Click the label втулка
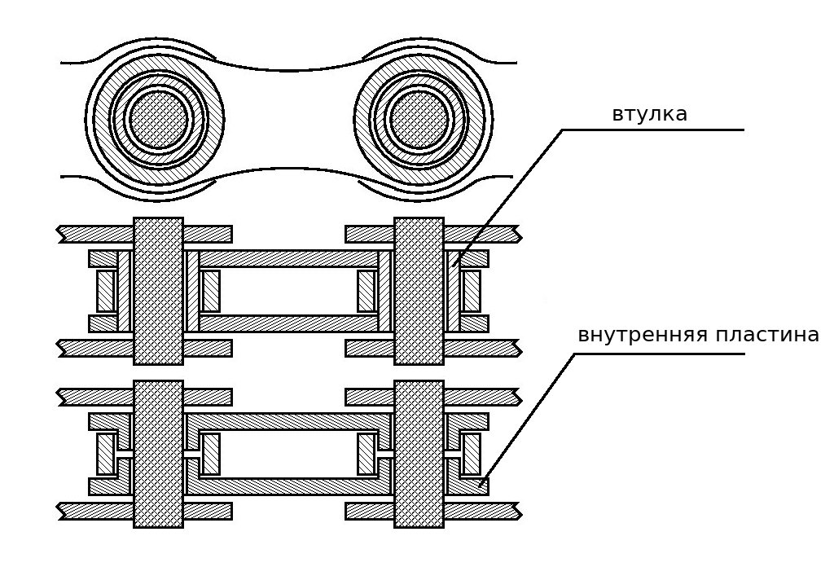coord(649,114)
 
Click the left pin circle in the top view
coord(159,118)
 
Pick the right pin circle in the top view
coord(419,118)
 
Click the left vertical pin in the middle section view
coord(159,291)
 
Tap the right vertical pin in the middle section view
coord(419,291)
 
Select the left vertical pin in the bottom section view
coord(159,454)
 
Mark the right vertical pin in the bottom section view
coord(419,454)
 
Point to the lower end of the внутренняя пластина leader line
coord(481,486)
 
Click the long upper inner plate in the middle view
coord(288,258)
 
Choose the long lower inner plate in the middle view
coord(288,323)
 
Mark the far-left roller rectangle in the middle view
coord(107,291)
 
